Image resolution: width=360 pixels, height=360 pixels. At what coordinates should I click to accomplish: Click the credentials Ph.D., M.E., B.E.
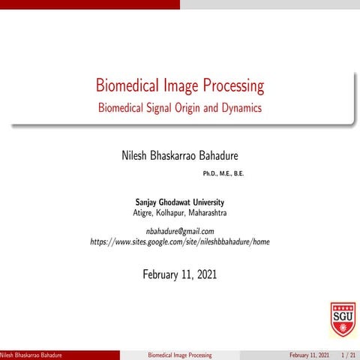coord(223,174)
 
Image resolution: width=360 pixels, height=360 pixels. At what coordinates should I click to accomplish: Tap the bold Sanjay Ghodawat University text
coord(179,202)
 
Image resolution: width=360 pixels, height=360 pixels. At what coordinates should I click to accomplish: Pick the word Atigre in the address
coord(145,213)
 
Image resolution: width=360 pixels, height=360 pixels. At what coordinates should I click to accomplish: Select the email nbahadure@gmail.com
coord(179,231)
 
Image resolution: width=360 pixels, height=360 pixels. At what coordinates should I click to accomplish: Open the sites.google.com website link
coord(179,242)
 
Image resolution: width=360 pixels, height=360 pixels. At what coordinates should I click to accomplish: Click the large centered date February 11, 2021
coord(179,274)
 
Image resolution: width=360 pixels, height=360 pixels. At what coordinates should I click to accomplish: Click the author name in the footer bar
coord(31,355)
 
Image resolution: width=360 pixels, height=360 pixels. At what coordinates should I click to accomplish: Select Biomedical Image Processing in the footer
coord(179,355)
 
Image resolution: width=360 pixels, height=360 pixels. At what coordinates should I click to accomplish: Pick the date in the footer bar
coord(309,355)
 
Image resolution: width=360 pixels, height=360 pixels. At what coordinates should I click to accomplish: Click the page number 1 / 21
coord(347,355)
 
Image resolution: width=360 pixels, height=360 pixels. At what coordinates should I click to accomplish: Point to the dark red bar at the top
coord(90,4)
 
